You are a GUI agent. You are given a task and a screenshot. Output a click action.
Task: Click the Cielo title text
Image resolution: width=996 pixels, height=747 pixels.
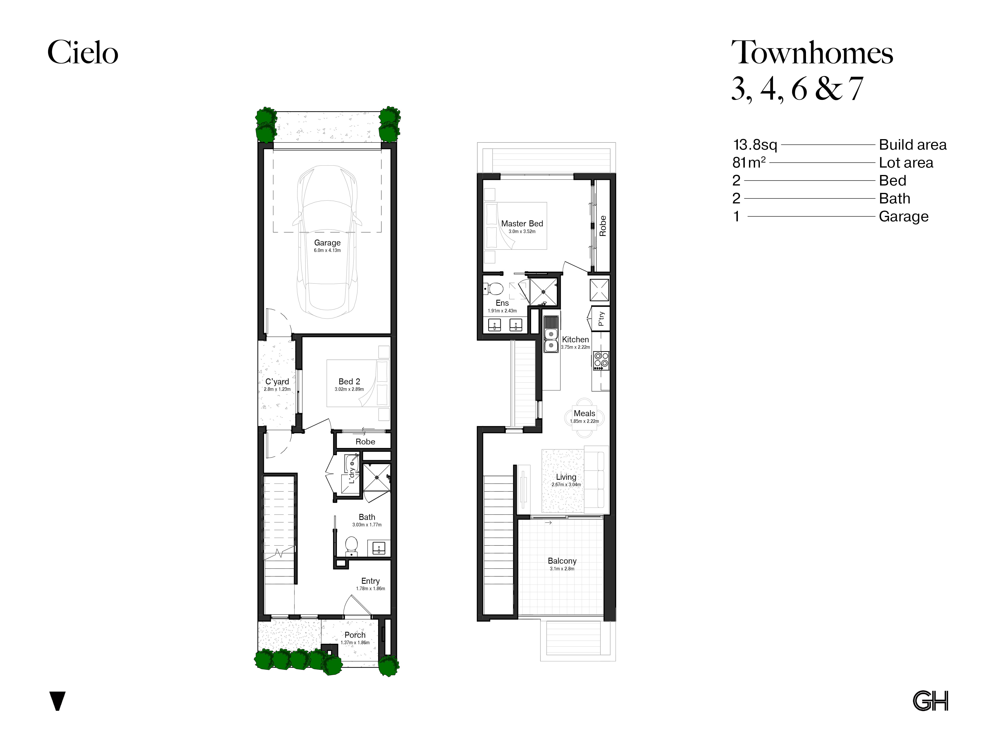click(83, 52)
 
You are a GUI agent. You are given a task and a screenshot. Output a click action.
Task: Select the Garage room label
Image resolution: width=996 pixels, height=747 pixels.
click(327, 243)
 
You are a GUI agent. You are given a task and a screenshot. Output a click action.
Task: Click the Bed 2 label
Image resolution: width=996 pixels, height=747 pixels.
click(349, 381)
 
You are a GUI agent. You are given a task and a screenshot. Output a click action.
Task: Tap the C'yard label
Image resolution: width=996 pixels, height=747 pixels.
click(277, 381)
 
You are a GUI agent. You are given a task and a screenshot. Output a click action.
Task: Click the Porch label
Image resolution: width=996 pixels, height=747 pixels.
click(355, 635)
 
